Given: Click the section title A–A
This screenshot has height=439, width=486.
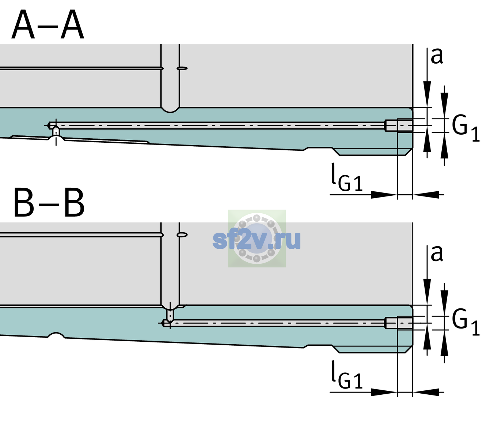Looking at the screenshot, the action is tap(48, 25).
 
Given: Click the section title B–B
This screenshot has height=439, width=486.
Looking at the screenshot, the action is tap(49, 203).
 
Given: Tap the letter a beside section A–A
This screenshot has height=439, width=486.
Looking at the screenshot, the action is tap(437, 56).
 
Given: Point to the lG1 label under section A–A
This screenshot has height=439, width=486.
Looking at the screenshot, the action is tap(347, 177).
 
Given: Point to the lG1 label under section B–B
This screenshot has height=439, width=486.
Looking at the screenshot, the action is tap(347, 375).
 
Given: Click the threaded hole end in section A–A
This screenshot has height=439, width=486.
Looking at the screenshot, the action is tap(399, 125).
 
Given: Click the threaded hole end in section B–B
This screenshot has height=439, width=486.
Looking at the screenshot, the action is tap(399, 323).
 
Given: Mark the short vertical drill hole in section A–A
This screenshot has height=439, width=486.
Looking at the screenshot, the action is tap(56, 131).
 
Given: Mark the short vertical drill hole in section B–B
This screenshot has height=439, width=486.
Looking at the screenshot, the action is tap(170, 315).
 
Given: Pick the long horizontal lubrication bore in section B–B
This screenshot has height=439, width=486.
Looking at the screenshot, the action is tap(274, 323).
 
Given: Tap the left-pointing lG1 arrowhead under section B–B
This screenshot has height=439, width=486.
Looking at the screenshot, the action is tap(426, 392).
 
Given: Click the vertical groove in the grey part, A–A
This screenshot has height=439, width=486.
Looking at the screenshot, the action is tap(170, 78).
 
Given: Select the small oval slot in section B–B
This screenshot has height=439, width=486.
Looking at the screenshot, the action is tap(182, 235).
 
